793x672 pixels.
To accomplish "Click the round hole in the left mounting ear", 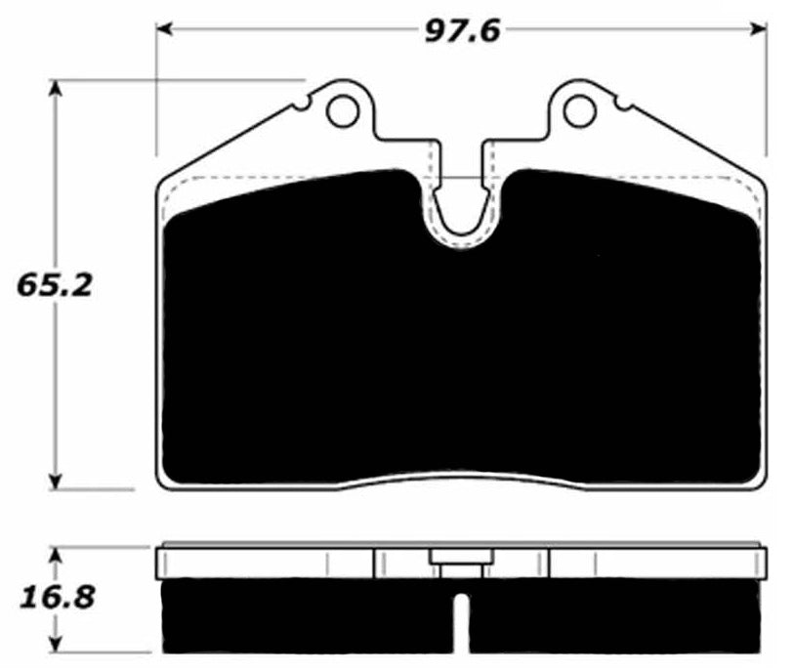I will click(x=343, y=111).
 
